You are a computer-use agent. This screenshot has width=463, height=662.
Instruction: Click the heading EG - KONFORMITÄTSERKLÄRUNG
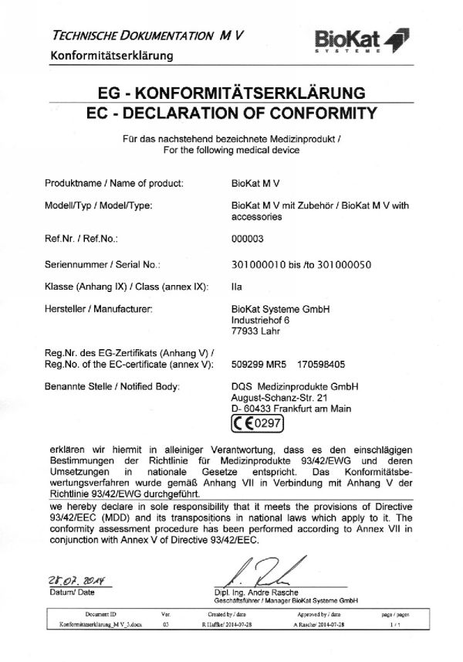(231, 94)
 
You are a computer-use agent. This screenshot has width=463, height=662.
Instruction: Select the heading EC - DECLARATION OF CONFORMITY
(231, 114)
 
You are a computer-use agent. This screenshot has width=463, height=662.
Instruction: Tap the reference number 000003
(247, 239)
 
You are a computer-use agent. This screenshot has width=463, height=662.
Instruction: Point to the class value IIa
(236, 287)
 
